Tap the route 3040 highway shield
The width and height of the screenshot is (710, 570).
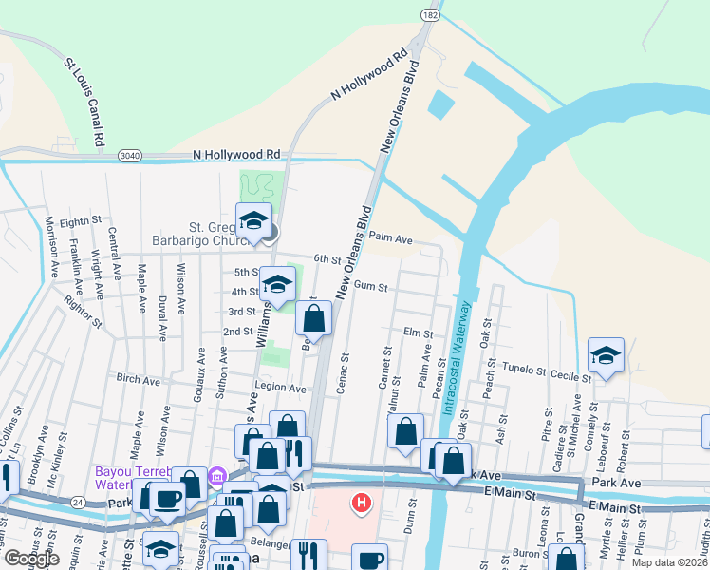pos(130,155)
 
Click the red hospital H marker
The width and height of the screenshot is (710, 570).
pos(361,502)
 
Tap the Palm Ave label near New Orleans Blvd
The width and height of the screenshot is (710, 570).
pos(390,239)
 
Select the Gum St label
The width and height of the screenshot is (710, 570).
pos(369,286)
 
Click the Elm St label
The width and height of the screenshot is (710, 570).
pos(418,333)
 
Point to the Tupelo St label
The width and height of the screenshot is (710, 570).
pos(524,370)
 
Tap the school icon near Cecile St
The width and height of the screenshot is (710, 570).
pos(606,356)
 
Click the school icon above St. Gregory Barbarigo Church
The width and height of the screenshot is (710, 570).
pos(253,221)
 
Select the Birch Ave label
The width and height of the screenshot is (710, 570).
pos(138,378)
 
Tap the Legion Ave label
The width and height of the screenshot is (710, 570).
pos(280,389)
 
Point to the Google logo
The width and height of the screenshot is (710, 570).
pos(31,559)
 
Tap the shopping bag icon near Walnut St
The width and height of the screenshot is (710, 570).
pos(405,430)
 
